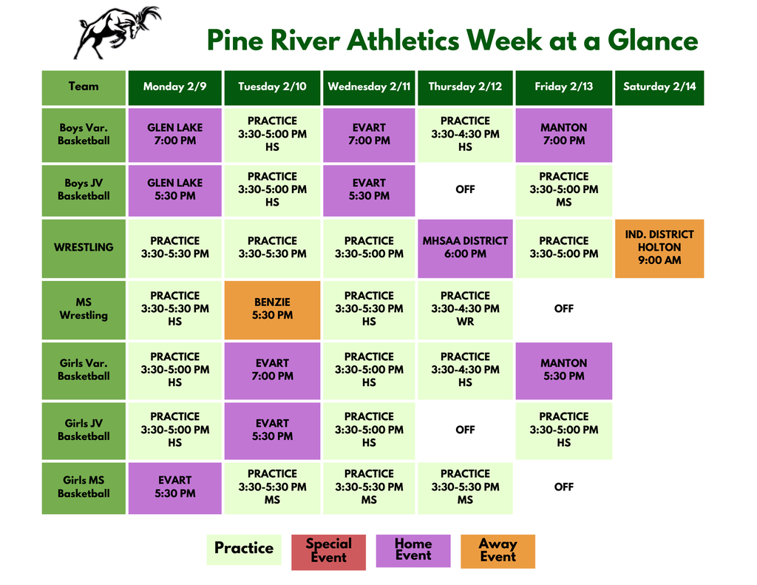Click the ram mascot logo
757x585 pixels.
(116, 32)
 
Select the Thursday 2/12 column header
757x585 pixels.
(465, 87)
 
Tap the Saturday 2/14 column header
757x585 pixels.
(659, 87)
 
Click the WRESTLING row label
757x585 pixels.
(84, 248)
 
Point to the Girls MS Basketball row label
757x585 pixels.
(84, 487)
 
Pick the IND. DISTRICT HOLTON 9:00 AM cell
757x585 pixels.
(659, 248)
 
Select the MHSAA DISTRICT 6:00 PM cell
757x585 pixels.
(465, 248)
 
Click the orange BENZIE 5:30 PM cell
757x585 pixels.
(272, 309)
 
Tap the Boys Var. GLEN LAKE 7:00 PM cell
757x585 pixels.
(174, 135)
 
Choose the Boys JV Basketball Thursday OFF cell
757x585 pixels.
(465, 190)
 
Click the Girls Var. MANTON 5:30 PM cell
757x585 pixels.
(563, 370)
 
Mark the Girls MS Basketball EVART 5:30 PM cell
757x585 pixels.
(174, 487)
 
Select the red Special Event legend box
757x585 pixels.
(328, 552)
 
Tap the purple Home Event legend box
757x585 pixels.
(413, 551)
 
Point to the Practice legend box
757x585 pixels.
(244, 549)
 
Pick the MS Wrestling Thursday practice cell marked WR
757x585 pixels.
(465, 309)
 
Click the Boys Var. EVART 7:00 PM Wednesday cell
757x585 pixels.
(369, 135)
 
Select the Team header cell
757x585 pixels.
(84, 87)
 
